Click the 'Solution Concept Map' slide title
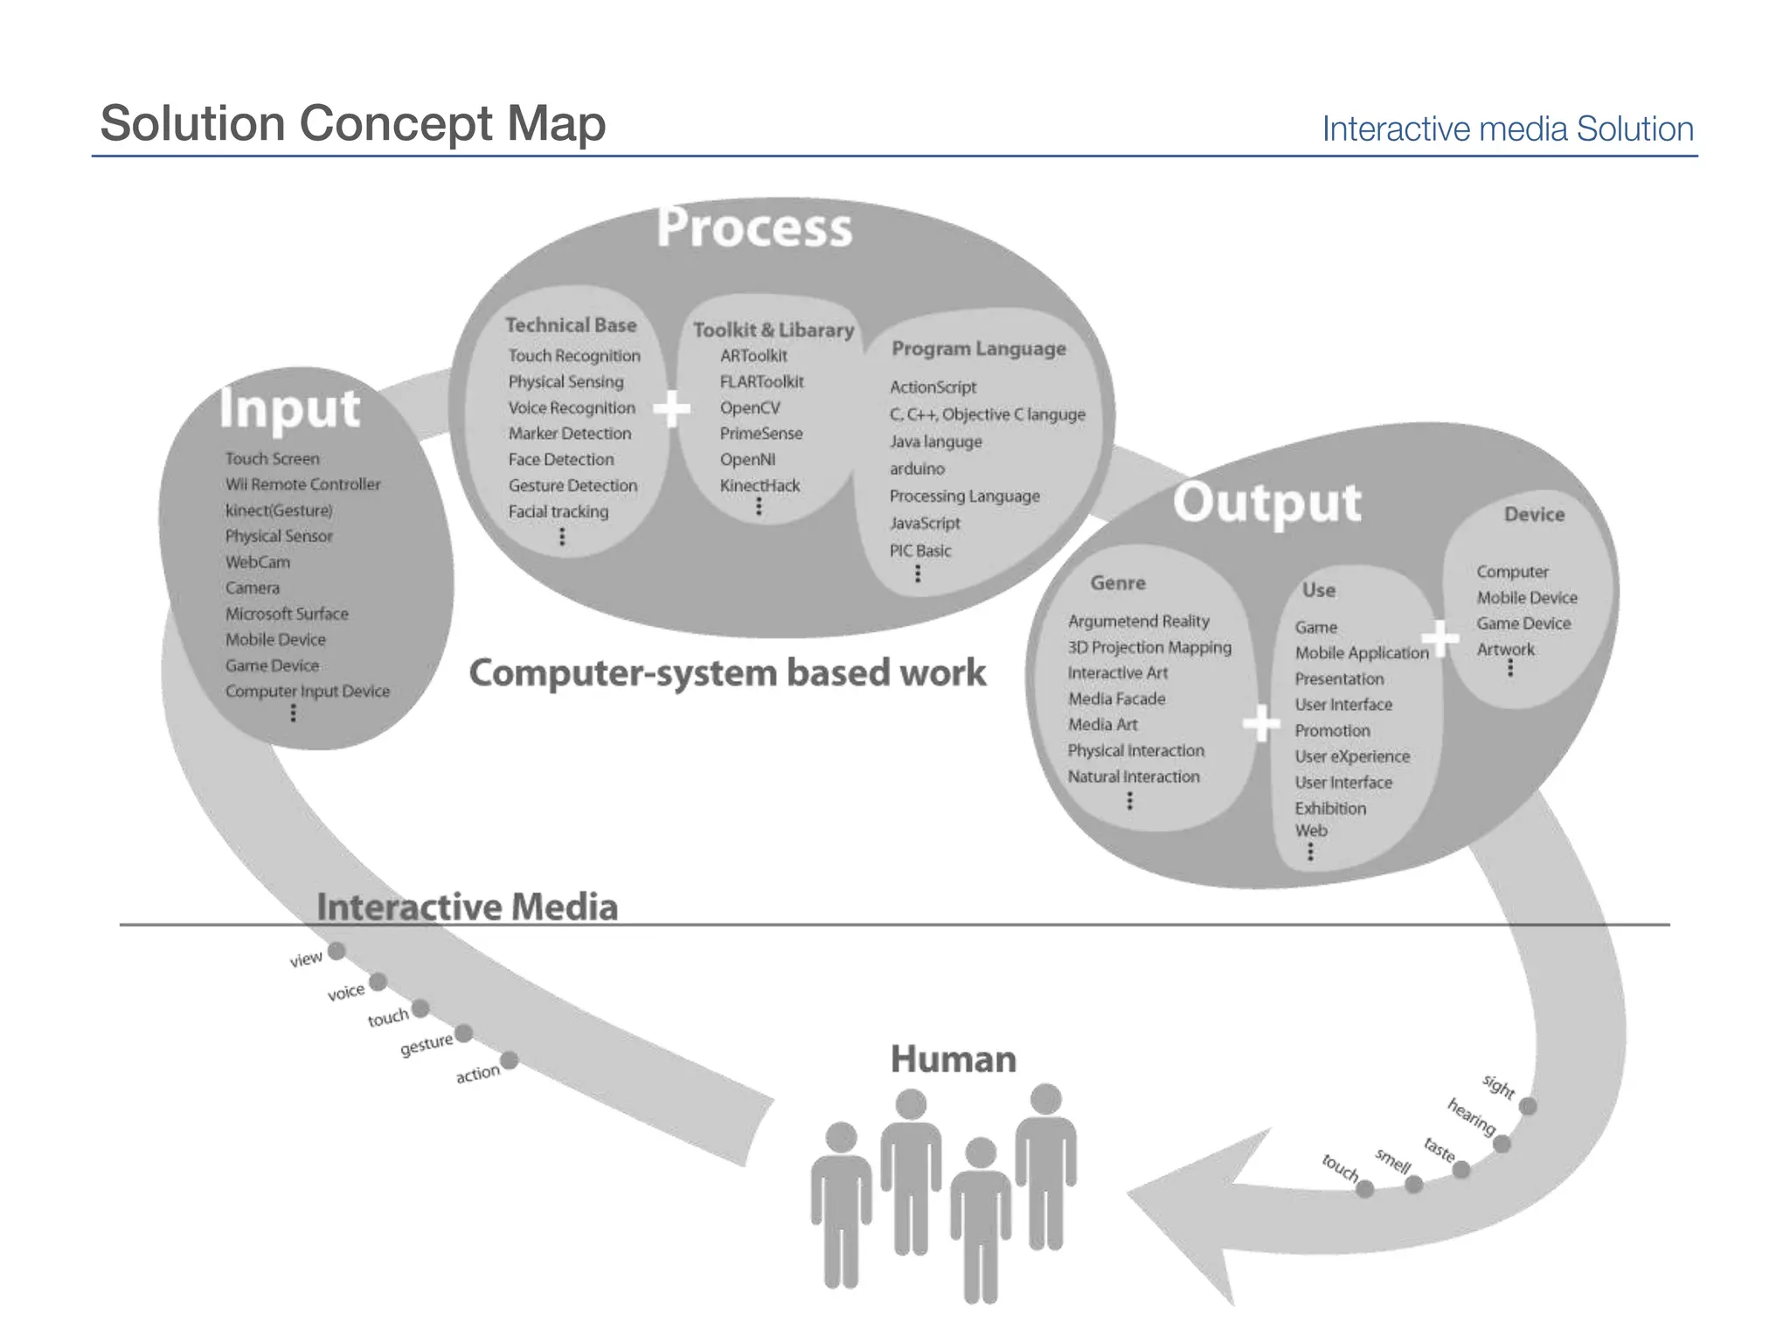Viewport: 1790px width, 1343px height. [x=352, y=123]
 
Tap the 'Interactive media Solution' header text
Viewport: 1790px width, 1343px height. [x=1507, y=129]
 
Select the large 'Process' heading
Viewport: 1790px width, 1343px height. [x=753, y=228]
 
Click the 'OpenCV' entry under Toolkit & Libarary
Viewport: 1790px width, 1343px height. [x=749, y=408]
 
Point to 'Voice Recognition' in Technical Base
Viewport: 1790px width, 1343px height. [x=572, y=408]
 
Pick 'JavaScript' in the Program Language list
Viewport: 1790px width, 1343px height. [x=924, y=523]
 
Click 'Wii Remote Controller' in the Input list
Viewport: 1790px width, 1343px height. [x=302, y=484]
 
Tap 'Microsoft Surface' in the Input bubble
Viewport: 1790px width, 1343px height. [x=287, y=614]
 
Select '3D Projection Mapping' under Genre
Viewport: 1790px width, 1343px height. [x=1148, y=647]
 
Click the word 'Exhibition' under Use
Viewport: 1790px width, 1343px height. [x=1329, y=808]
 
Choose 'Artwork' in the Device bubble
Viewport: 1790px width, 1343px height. [x=1505, y=650]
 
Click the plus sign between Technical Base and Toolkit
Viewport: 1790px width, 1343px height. [x=671, y=408]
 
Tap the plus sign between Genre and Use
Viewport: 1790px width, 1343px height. [x=1260, y=724]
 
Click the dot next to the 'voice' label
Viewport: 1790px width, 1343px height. [x=378, y=982]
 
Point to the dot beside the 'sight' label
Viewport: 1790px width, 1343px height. [x=1528, y=1106]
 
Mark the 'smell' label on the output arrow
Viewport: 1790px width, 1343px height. [x=1392, y=1161]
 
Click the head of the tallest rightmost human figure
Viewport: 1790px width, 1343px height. [x=1045, y=1099]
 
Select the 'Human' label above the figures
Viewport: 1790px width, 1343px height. [x=953, y=1060]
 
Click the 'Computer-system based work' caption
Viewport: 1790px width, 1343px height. [x=726, y=673]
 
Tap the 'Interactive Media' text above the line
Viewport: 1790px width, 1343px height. [x=467, y=907]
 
